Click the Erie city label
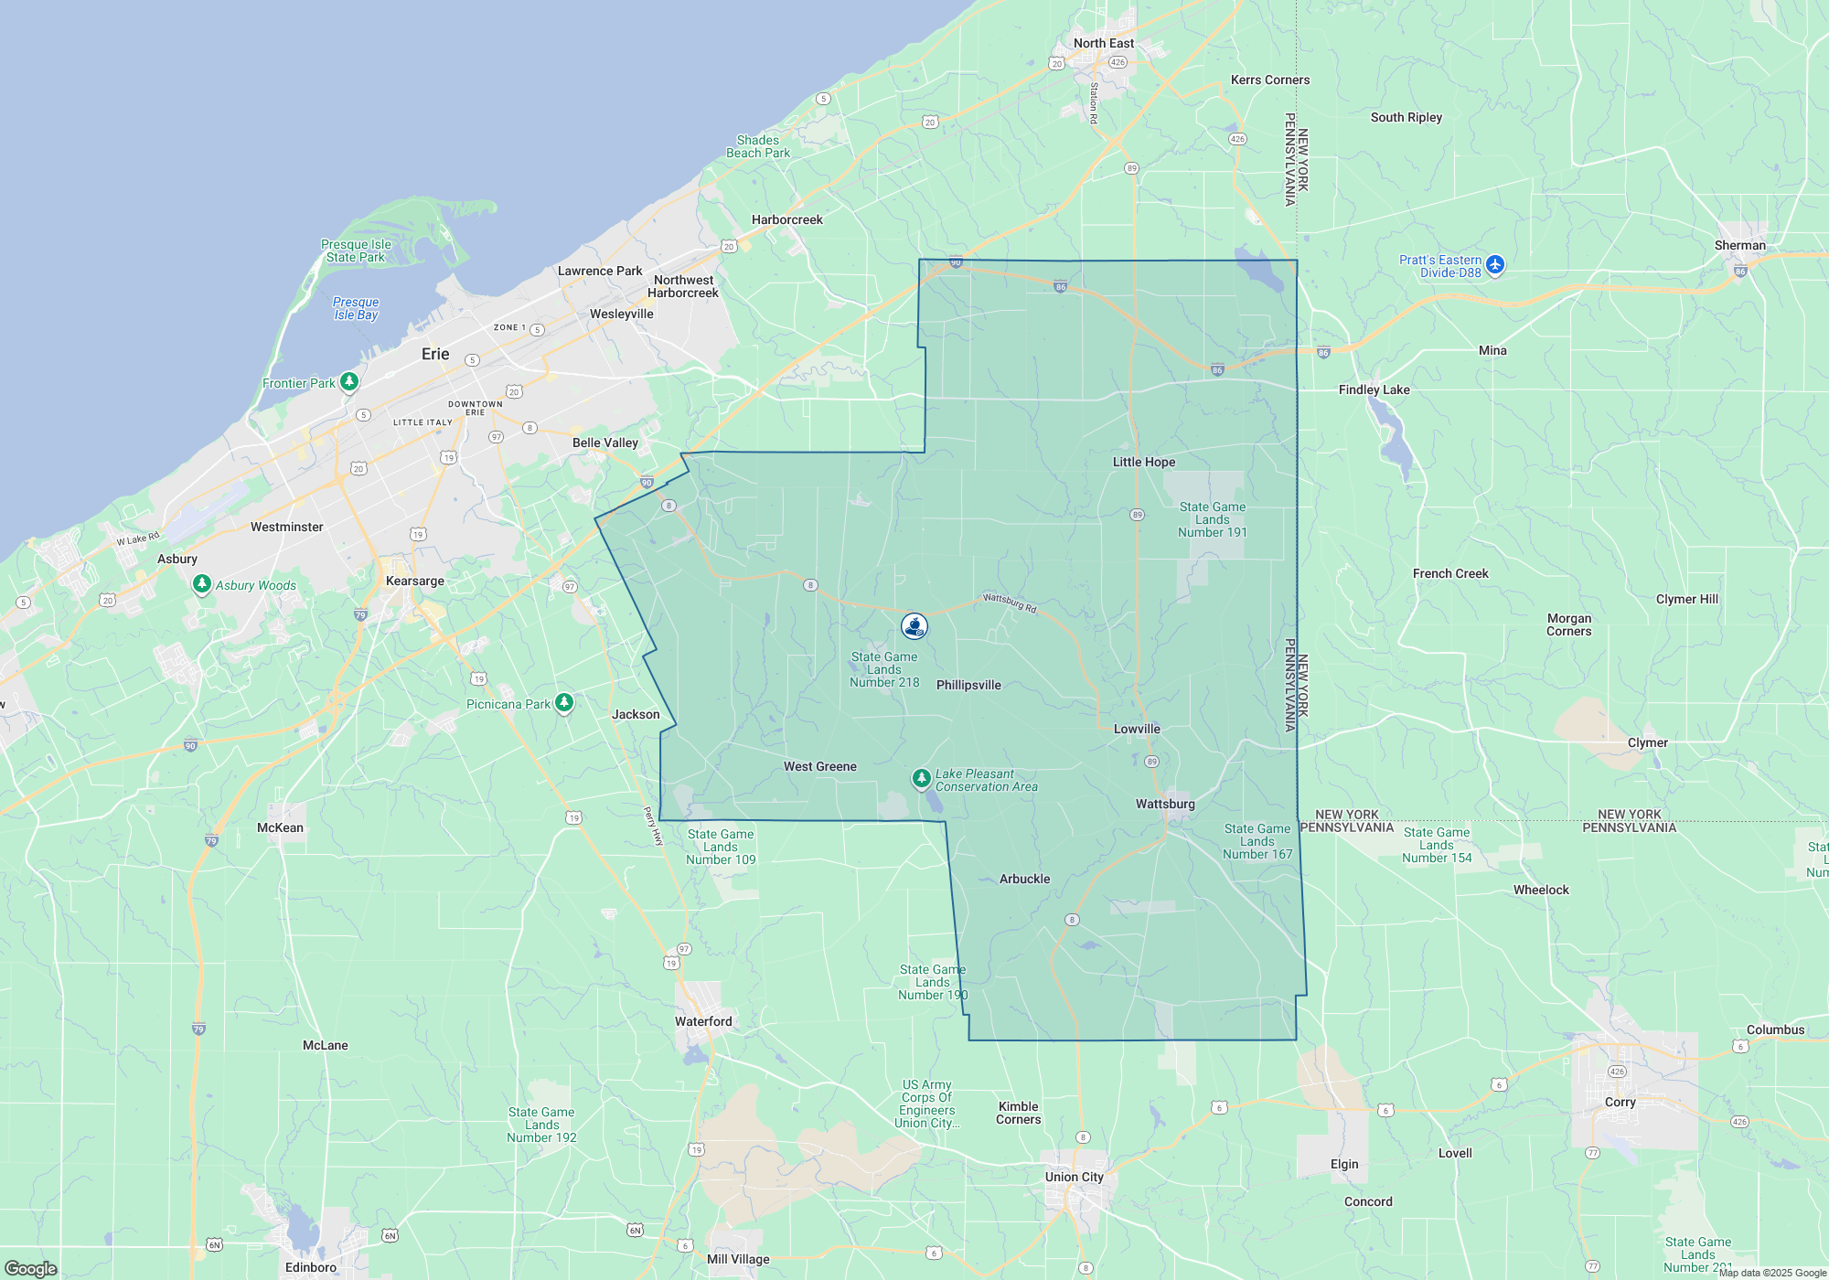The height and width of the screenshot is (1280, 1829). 435,354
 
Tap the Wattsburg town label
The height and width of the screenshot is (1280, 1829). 1165,804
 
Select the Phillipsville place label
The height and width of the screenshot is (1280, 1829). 968,685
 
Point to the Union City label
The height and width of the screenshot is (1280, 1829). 1075,1177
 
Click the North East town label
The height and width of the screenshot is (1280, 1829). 1104,43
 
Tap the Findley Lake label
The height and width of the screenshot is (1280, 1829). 1374,389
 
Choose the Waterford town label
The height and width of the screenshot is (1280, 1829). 703,1021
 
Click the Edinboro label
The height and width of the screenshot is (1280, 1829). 311,1267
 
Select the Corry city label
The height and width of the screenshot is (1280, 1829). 1620,1102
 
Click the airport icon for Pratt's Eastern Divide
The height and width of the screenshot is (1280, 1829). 1495,265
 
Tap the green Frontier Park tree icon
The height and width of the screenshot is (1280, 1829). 348,381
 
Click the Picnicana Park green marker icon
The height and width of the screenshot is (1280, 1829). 564,702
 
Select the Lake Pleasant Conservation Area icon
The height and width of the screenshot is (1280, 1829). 921,778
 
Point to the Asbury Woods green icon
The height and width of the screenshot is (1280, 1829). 202,583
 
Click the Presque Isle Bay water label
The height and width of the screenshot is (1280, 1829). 356,308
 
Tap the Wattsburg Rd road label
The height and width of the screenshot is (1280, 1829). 1010,603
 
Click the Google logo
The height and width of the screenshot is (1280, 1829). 31,1269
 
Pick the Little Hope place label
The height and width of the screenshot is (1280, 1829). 1144,462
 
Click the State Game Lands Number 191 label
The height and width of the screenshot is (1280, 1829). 1212,519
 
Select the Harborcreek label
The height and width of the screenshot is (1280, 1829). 786,219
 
